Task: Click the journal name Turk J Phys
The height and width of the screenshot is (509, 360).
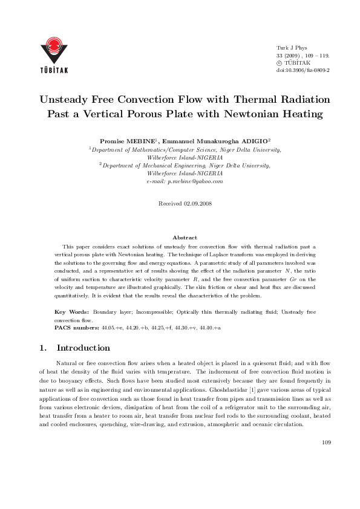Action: pyautogui.click(x=292, y=47)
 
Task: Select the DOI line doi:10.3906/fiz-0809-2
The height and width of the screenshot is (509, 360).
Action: pyautogui.click(x=303, y=70)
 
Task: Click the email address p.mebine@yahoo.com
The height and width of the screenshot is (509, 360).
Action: pyautogui.click(x=185, y=181)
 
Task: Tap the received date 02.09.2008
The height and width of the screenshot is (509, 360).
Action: pyautogui.click(x=196, y=204)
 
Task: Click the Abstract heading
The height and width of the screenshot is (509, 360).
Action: pyautogui.click(x=185, y=238)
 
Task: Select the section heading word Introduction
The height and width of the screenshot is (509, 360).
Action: pyautogui.click(x=83, y=348)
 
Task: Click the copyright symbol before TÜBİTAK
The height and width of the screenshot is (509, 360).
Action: pyautogui.click(x=279, y=62)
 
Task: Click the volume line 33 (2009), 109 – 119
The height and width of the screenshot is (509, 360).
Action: pyautogui.click(x=302, y=54)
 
